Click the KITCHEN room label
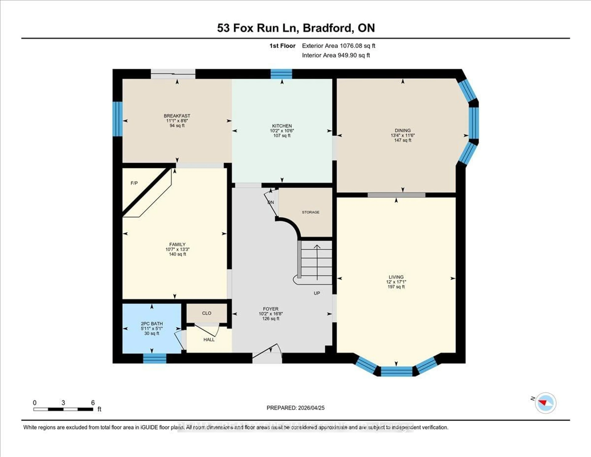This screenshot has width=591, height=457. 282,126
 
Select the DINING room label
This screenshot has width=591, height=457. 402,130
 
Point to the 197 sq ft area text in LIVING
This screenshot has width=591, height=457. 396,287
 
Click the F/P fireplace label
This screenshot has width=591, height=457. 134,183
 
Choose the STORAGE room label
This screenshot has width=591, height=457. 310,212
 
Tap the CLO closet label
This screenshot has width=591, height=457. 207,313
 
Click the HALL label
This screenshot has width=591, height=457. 209,339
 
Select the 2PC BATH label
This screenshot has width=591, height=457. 152,323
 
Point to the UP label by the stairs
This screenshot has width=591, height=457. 317,293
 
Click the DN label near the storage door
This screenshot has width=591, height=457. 270,202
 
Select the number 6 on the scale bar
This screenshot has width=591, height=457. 93,403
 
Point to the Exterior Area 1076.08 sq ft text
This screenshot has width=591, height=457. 339,46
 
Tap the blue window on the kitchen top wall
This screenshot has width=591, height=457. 281,74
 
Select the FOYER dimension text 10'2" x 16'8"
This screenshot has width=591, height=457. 271,314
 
